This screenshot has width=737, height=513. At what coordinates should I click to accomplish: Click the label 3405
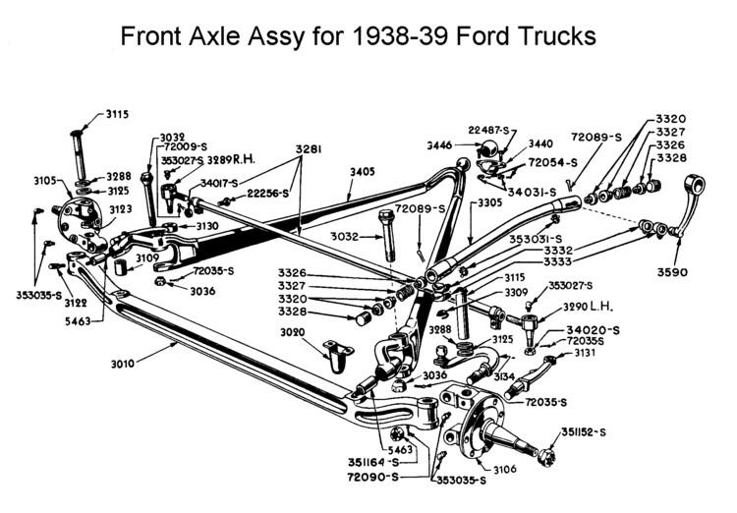click(363, 171)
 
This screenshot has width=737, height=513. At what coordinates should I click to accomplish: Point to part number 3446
click(439, 145)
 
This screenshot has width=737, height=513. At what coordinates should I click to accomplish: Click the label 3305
click(489, 202)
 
